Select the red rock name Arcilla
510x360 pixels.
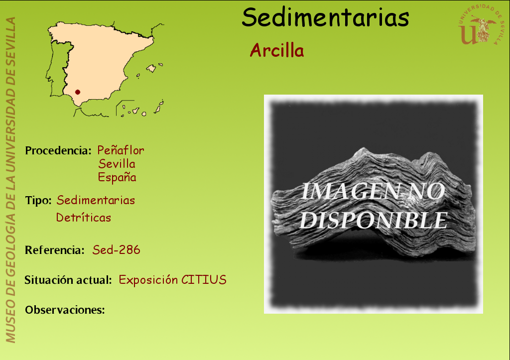pyautogui.click(x=277, y=50)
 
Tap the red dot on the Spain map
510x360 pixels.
pyautogui.click(x=77, y=92)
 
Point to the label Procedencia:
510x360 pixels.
pyautogui.click(x=58, y=150)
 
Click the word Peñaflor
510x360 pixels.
pyautogui.click(x=121, y=150)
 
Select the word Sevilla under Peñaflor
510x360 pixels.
pyautogui.click(x=117, y=164)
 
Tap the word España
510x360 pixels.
pyautogui.click(x=117, y=177)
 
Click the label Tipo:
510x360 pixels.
pyautogui.click(x=38, y=200)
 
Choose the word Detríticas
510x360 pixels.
pyautogui.click(x=84, y=217)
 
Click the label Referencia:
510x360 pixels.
pyautogui.click(x=55, y=250)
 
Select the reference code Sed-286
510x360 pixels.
pyautogui.click(x=116, y=250)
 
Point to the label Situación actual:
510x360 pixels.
pyautogui.click(x=68, y=280)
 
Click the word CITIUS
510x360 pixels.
pyautogui.click(x=204, y=280)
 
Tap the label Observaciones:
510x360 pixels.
pyautogui.click(x=65, y=310)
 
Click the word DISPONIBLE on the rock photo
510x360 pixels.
pyautogui.click(x=374, y=220)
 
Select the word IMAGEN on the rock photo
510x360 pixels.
pyautogui.click(x=350, y=191)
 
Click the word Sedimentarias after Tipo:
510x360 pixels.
pyautogui.click(x=96, y=200)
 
